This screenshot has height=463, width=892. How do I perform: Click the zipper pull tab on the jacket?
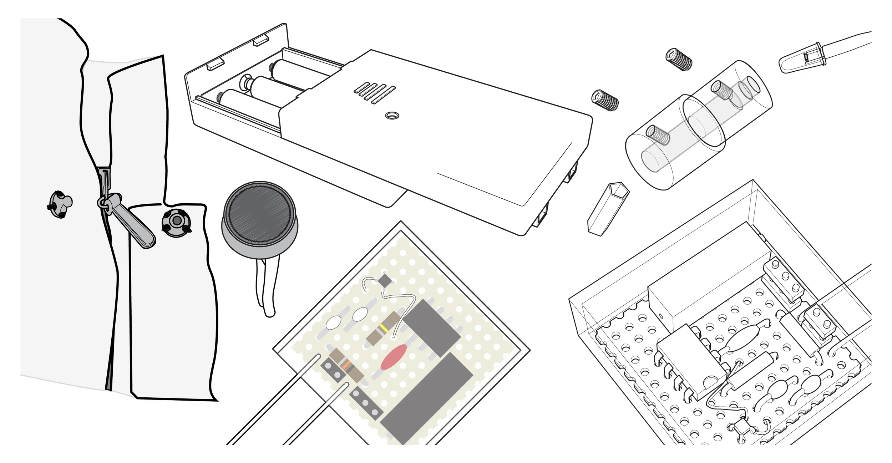coord(134,223)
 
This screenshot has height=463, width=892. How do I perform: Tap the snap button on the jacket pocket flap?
coord(176,221)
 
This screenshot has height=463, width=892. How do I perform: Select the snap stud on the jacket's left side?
coord(60,204)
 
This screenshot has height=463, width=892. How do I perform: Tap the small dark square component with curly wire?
coord(385,280)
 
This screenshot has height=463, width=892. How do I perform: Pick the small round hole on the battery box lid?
coord(392,116)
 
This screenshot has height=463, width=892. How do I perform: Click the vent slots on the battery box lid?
coord(375,93)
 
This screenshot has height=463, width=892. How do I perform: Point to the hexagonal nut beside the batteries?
coord(245,81)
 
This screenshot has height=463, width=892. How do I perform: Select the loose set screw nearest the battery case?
coord(605,100)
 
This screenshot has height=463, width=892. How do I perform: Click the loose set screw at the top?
coord(679,59)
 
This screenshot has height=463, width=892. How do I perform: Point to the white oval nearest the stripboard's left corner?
coord(333,323)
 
